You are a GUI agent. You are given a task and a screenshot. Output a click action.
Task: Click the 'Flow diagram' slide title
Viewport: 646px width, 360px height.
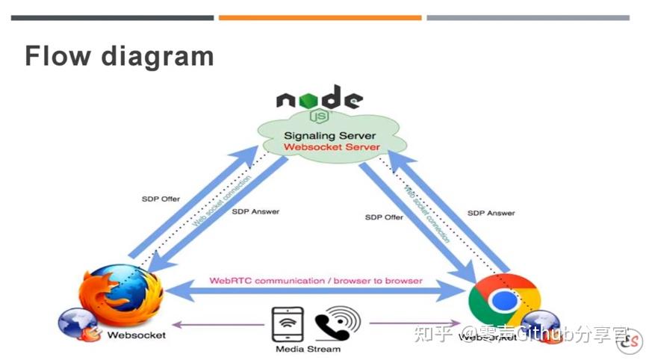[x=119, y=57]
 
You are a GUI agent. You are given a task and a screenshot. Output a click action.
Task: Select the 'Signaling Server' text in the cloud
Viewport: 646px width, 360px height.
[x=329, y=136]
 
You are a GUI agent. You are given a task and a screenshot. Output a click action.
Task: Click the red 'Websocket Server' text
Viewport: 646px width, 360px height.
[x=332, y=147]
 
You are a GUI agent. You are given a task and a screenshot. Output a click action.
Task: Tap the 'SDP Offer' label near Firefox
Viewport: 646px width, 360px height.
[x=161, y=199]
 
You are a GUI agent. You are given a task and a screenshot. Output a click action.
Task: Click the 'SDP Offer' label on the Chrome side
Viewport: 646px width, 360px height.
[x=384, y=217]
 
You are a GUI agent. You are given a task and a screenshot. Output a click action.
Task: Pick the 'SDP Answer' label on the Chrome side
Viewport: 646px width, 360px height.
[x=491, y=213]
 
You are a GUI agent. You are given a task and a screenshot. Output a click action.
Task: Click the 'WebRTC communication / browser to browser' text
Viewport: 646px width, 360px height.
[x=316, y=281]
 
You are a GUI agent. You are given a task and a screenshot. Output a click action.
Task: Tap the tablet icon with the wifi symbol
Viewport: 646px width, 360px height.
[x=288, y=323]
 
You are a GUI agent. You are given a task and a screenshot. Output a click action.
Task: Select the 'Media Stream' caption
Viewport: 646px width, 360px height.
[x=308, y=349]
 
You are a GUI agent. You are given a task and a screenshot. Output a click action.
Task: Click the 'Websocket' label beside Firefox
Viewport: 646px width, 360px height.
[x=137, y=335]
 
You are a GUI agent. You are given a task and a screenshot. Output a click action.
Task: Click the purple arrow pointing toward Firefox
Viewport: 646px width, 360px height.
[x=217, y=324]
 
